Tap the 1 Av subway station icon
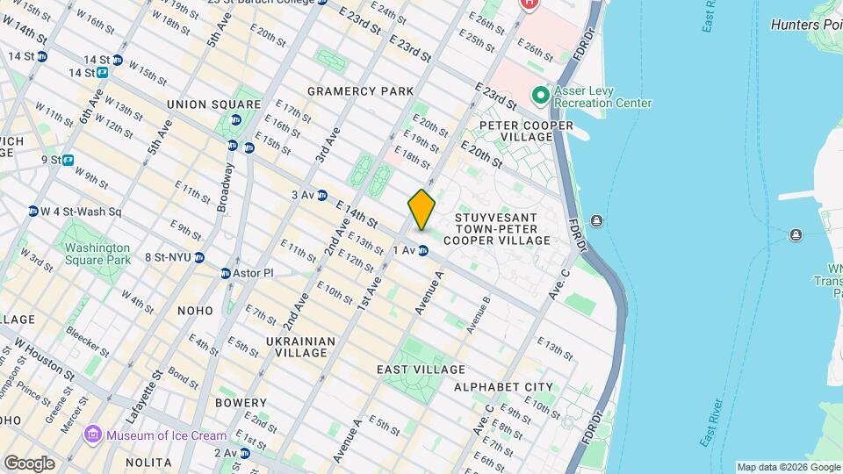tap(423, 251)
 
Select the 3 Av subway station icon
tap(322, 195)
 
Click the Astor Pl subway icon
tap(226, 273)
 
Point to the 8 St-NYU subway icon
tap(200, 257)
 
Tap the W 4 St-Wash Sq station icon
tap(33, 212)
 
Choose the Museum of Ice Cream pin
tap(92, 435)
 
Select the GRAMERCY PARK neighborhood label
tap(360, 91)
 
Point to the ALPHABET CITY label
tap(503, 386)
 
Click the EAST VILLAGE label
tap(421, 370)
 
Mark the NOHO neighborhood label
tap(194, 311)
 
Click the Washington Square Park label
tap(97, 254)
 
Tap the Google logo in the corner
tap(29, 463)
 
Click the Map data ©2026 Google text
tap(789, 467)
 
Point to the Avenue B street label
tap(478, 314)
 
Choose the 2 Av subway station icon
tap(245, 453)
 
